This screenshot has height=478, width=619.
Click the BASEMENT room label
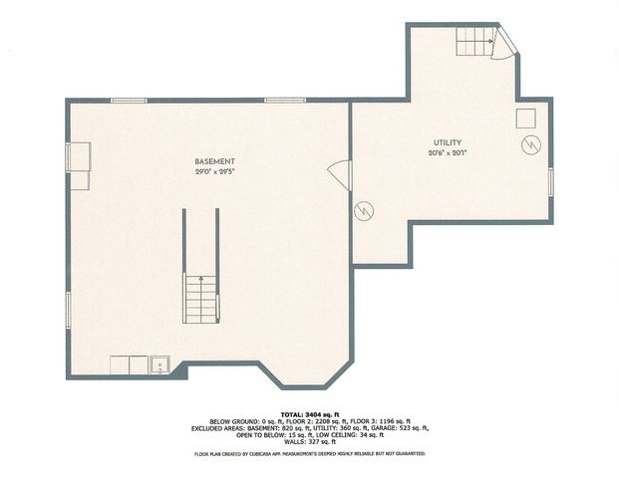[x=214, y=161]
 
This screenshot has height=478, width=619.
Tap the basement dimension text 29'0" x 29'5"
[x=214, y=171]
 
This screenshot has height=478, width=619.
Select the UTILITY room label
[x=446, y=142]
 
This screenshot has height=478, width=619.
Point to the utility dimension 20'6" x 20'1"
[x=446, y=152]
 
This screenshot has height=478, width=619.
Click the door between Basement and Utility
[x=345, y=175]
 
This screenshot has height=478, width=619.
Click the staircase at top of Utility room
[x=476, y=43]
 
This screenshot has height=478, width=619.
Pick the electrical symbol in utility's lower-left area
[x=365, y=211]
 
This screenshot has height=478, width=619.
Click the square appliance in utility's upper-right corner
[x=525, y=118]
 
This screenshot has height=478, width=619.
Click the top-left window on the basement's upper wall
[x=129, y=100]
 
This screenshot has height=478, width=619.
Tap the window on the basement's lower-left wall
[x=68, y=310]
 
